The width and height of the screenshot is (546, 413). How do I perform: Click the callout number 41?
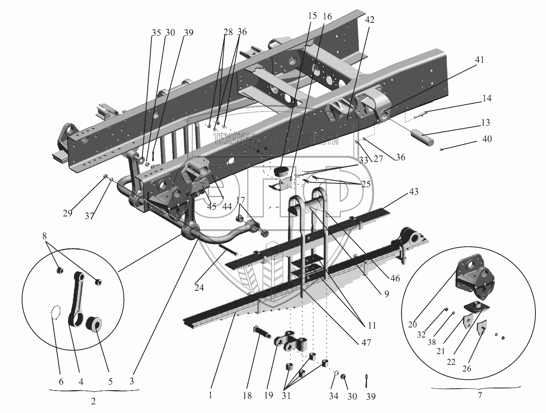tap(479, 60)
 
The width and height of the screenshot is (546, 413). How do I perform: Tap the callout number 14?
tap(487, 98)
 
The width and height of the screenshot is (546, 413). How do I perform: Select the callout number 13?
tap(485, 123)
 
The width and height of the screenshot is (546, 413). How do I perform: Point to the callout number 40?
tap(487, 139)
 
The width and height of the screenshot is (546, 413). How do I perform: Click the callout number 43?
tap(414, 192)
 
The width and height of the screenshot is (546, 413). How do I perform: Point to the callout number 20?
tap(412, 324)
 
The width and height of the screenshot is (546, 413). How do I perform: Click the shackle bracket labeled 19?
tap(291, 340)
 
